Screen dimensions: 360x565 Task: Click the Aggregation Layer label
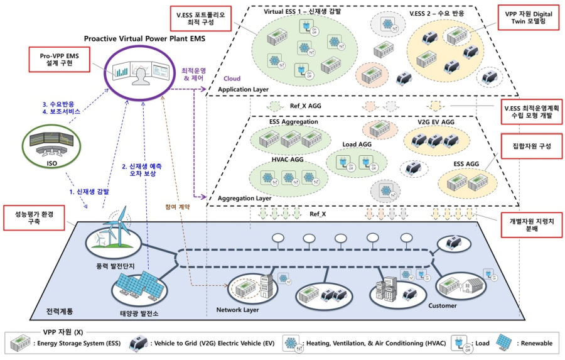tap(245, 198)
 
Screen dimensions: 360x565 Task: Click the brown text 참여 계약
tap(178, 205)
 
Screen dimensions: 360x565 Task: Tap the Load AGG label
tap(357, 145)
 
